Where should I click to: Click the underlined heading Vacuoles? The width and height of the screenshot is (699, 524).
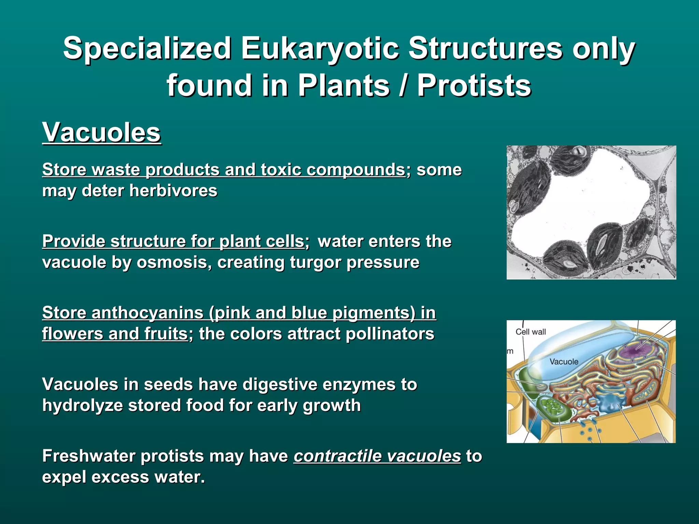101,132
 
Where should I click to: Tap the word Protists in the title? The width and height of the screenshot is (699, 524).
474,85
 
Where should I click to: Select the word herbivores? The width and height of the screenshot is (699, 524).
173,190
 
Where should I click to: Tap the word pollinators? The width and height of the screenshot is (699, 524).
389,334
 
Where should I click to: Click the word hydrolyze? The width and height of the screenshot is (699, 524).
82,405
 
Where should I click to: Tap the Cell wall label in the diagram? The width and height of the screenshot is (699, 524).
530,332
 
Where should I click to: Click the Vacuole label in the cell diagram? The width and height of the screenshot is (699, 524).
564,362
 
